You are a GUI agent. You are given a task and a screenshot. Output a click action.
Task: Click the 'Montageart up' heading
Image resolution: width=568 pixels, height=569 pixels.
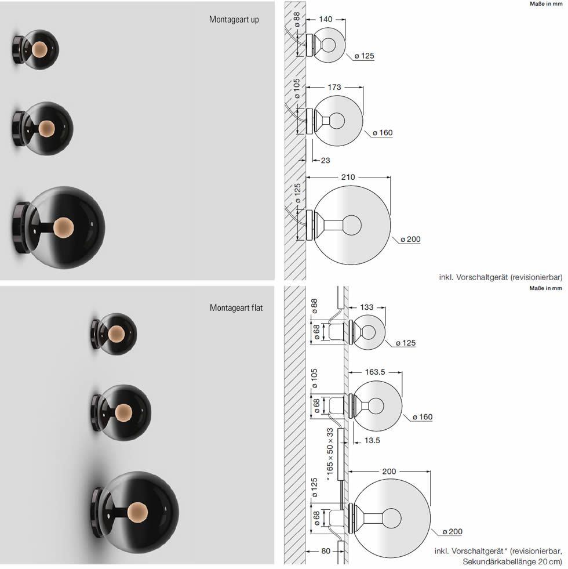pos(234,20)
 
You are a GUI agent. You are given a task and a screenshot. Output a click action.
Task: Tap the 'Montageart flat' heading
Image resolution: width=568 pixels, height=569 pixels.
pos(236,308)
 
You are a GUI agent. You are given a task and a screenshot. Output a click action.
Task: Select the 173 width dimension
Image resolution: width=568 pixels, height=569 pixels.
pos(334,87)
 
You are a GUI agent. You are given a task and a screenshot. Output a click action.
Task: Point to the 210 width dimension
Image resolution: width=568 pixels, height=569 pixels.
pos(348,177)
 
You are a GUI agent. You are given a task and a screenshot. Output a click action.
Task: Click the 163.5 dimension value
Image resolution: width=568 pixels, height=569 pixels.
pos(375,372)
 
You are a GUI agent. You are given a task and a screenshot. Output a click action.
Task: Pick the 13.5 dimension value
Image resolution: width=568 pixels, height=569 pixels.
pos(372,441)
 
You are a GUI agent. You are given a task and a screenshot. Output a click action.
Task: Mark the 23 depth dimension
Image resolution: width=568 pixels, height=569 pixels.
pos(325,161)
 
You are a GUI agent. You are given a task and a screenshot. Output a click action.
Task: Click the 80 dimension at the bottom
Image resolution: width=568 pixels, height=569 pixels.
pos(326,551)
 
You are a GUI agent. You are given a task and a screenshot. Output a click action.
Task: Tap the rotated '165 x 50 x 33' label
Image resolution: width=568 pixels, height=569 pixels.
pos(330,454)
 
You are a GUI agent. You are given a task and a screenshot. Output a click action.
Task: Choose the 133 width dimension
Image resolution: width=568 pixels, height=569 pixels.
pos(367,307)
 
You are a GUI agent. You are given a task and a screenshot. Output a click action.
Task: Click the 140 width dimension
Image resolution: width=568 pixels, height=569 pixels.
pos(325,19)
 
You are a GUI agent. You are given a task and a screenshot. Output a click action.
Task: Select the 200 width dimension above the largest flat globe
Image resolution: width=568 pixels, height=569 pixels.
pos(389,472)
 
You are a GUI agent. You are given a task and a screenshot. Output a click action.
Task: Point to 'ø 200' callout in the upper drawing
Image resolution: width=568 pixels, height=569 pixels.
pos(410,240)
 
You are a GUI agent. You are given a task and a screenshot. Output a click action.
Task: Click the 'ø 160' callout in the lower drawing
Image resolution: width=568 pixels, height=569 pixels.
pos(423,417)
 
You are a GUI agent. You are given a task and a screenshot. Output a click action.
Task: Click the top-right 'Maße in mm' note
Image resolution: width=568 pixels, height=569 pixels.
pos(546,4)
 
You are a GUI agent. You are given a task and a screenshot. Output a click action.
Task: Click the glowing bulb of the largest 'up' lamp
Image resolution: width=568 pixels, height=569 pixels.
pos(64,228)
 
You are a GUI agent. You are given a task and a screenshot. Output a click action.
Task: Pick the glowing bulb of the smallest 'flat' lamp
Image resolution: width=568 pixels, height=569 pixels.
pos(116,334)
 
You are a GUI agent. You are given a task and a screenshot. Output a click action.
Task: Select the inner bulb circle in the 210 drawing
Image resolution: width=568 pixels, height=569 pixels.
pos(352,225)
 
